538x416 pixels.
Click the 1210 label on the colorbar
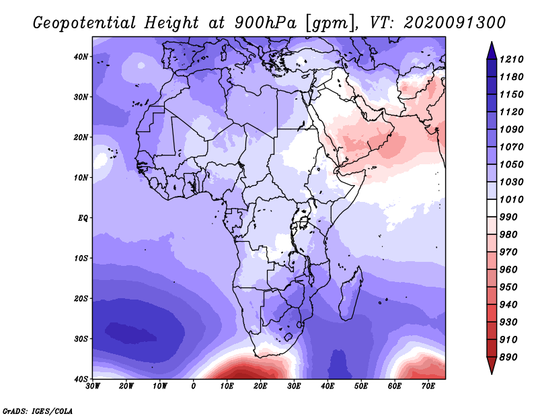[x=511, y=59]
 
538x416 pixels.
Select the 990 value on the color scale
[x=508, y=217]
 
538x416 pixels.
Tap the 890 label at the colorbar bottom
[x=508, y=357]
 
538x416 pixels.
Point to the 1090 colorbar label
[x=511, y=129]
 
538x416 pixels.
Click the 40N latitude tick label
[x=81, y=57]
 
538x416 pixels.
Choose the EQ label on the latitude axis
[x=83, y=218]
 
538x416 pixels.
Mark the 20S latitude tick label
[x=81, y=298]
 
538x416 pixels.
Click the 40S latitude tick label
[x=81, y=379]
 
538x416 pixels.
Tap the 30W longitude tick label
[x=93, y=386]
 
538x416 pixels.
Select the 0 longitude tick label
[x=194, y=386]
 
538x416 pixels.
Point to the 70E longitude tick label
[x=428, y=386]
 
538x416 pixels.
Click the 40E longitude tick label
[x=328, y=386]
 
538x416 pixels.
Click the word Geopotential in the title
[x=85, y=24]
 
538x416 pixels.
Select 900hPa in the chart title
[x=265, y=23]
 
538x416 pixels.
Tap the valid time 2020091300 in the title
[x=455, y=22]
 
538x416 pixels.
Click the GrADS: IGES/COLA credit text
[x=38, y=411]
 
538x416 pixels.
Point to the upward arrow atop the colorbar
[x=492, y=50]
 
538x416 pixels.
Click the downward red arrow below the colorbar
[x=492, y=366]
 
